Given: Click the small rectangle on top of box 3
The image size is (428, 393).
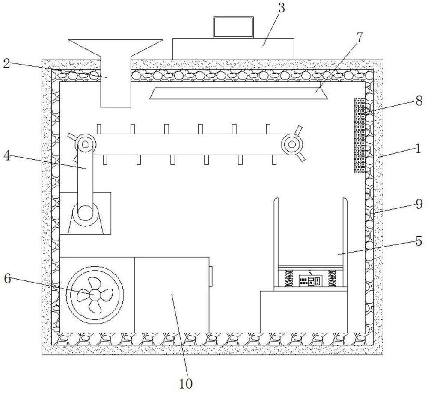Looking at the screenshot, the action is (x=234, y=27).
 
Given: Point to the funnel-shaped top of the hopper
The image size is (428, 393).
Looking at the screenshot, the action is (x=116, y=47).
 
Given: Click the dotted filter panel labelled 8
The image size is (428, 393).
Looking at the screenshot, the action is (x=360, y=135).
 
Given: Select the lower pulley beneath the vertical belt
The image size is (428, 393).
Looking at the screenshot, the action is (x=86, y=212).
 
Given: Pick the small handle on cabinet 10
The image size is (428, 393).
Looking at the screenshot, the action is (x=211, y=276).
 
